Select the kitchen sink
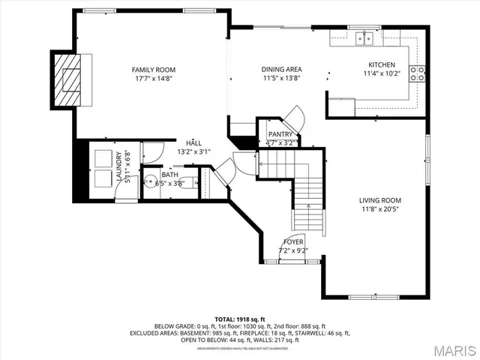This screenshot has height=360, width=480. (x=367, y=37)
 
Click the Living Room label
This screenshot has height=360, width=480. (x=379, y=200)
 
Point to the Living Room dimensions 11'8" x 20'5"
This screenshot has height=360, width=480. (x=379, y=209)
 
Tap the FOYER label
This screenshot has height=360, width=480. (x=293, y=242)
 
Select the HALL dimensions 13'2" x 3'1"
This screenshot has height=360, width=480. (x=193, y=151)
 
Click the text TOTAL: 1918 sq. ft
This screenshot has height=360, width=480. (x=240, y=319)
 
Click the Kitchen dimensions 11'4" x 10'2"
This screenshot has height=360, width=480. (x=382, y=73)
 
